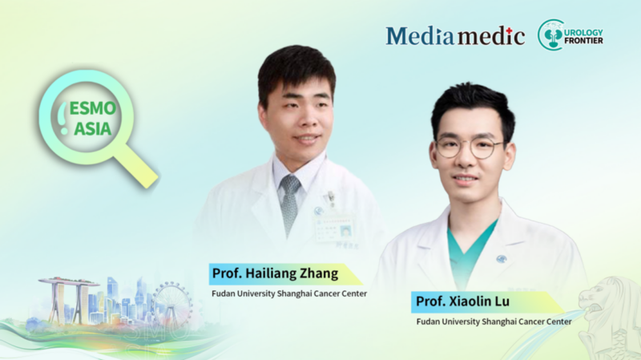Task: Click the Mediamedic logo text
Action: [455, 35]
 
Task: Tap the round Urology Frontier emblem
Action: [551, 34]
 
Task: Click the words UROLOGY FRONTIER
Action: [583, 35]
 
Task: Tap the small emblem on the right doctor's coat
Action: [502, 258]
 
